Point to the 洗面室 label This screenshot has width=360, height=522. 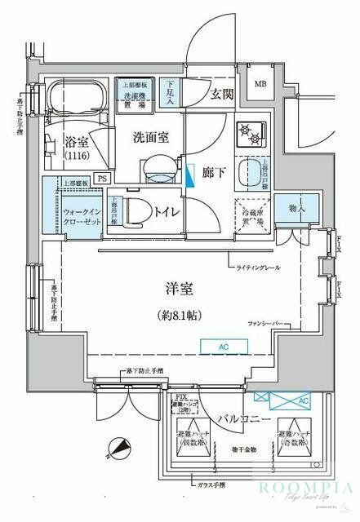click(151, 138)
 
